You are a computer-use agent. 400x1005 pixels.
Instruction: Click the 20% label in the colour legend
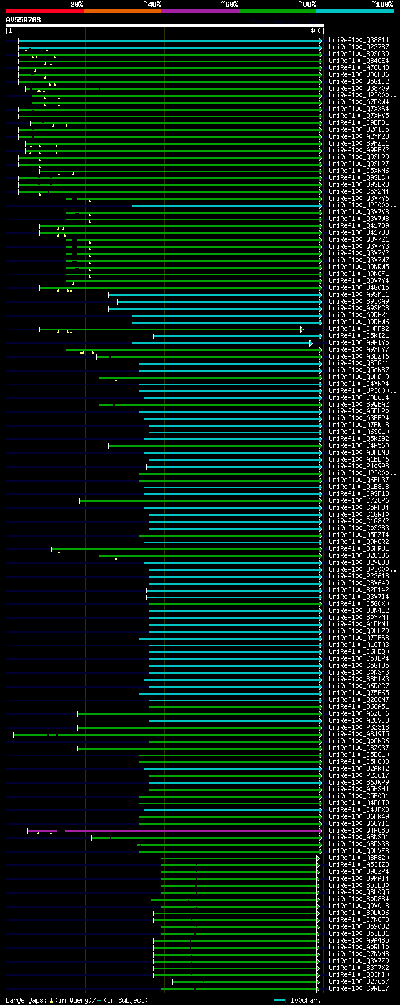pyautogui.click(x=76, y=4)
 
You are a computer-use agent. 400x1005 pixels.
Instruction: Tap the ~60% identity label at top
pyautogui.click(x=229, y=4)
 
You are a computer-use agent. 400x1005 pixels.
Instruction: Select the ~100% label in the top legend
pyautogui.click(x=382, y=4)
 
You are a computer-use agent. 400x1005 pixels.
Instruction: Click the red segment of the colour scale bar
pyautogui.click(x=44, y=11)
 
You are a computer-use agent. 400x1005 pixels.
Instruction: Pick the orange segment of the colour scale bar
pyautogui.click(x=122, y=11)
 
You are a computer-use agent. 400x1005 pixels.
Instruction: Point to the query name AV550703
pyautogui.click(x=24, y=20)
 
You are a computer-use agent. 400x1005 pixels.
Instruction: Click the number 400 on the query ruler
pyautogui.click(x=315, y=31)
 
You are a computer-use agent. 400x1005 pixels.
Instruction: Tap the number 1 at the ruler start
pyautogui.click(x=9, y=31)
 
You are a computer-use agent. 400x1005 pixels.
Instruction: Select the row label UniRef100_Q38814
pyautogui.click(x=359, y=41)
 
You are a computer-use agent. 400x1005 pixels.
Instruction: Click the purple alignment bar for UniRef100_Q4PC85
pyautogui.click(x=187, y=831)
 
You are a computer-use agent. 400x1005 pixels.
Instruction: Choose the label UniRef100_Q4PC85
pyautogui.click(x=359, y=831)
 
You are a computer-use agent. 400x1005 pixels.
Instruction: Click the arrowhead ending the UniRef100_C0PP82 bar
pyautogui.click(x=302, y=329)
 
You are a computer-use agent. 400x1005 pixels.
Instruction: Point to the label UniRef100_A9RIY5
pyautogui.click(x=359, y=343)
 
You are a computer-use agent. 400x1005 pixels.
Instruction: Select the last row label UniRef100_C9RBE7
pyautogui.click(x=359, y=989)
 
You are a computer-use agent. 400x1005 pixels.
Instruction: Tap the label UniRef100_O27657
pyautogui.click(x=359, y=982)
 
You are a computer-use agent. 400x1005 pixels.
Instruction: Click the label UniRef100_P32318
pyautogui.click(x=359, y=728)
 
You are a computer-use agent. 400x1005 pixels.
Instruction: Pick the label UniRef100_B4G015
pyautogui.click(x=359, y=288)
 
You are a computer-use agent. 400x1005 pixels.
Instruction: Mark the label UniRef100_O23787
pyautogui.click(x=359, y=47)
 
